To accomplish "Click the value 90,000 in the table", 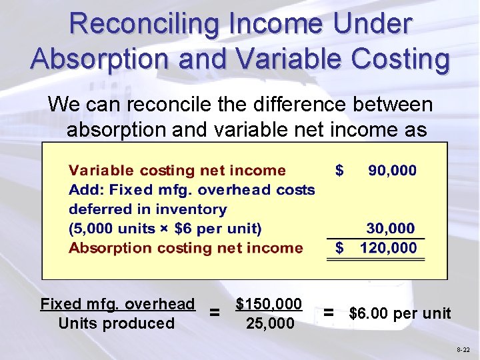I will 393,171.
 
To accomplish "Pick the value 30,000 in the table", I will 390,229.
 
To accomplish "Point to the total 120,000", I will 388,249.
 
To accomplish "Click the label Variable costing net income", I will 177,171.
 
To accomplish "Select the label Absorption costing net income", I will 186,249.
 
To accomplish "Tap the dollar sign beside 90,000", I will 339,171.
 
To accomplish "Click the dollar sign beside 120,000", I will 339,249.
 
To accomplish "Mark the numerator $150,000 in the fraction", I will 269,304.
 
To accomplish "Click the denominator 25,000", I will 269,323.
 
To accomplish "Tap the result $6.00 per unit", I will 400,313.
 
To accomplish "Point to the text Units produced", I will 116,323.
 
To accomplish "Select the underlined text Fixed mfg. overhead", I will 117,304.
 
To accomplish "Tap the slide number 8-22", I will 463,349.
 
